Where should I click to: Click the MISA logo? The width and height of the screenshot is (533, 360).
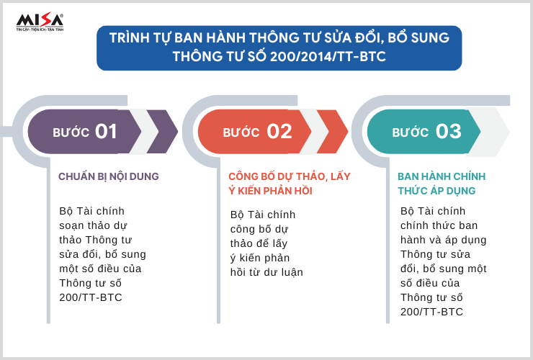tap(40, 22)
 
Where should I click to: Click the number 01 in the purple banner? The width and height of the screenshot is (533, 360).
tap(106, 132)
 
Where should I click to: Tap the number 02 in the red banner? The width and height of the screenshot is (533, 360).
tap(279, 132)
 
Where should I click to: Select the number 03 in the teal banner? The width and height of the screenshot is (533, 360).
tap(448, 132)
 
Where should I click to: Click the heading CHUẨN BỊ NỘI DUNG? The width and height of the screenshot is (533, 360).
tap(109, 176)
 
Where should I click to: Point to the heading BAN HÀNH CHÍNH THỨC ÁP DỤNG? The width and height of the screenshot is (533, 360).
tap(442, 184)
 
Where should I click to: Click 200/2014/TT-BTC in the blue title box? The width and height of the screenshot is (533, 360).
tap(328, 56)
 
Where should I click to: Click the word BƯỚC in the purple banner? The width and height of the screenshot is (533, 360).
tap(71, 132)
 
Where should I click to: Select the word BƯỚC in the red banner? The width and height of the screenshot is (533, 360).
tap(241, 132)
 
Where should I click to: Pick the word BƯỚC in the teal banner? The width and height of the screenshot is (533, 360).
tap(411, 132)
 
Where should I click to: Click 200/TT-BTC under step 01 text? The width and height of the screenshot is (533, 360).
tap(91, 297)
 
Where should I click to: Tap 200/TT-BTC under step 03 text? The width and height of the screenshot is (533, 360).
tap(431, 312)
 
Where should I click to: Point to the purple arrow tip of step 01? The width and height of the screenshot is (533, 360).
tap(177, 132)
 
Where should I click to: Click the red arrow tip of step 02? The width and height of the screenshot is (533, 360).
tap(347, 132)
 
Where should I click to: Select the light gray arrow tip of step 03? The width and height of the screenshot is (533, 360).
tap(509, 132)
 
